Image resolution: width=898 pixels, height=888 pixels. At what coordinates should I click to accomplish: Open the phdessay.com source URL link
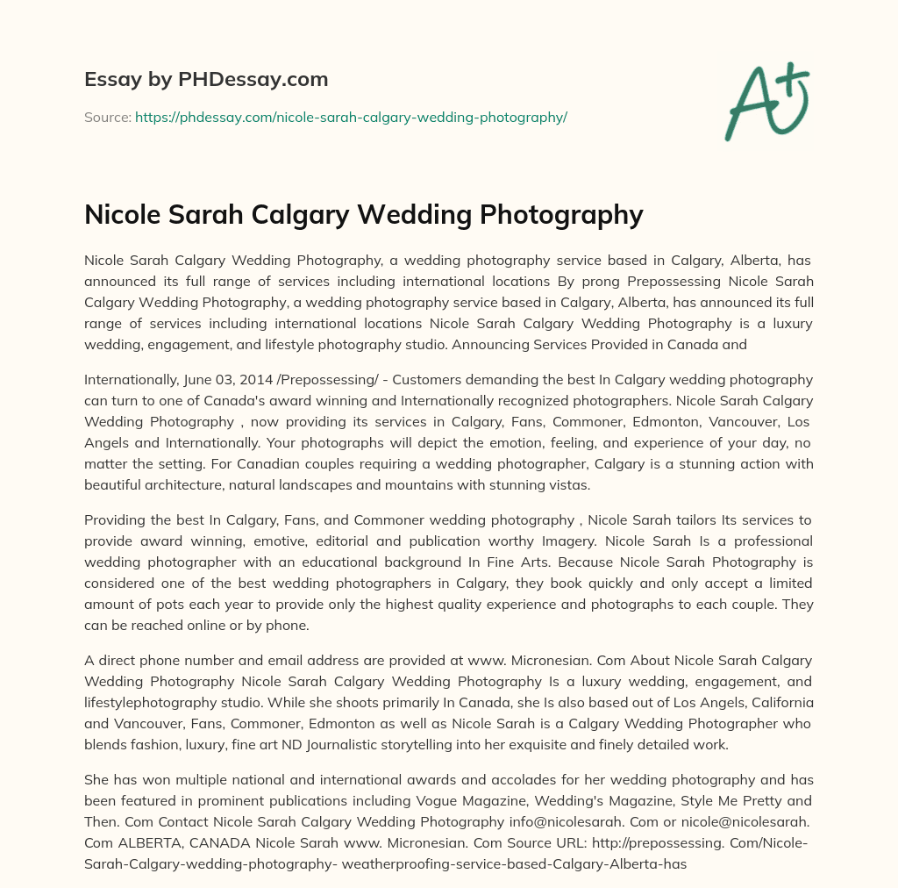pyautogui.click(x=351, y=117)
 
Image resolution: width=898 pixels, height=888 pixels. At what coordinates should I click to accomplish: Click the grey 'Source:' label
pyautogui.click(x=107, y=117)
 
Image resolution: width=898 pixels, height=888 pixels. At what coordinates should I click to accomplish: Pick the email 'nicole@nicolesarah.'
pyautogui.click(x=736, y=823)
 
